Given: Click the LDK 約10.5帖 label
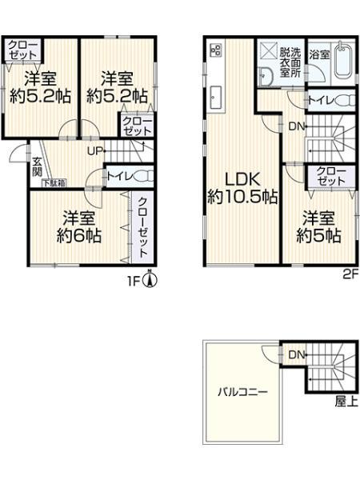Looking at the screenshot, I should pos(242,186).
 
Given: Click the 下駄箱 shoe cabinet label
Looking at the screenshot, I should pos(54,183).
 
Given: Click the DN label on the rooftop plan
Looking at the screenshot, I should pos(296,354).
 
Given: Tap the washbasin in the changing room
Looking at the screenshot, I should pos(266,75).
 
